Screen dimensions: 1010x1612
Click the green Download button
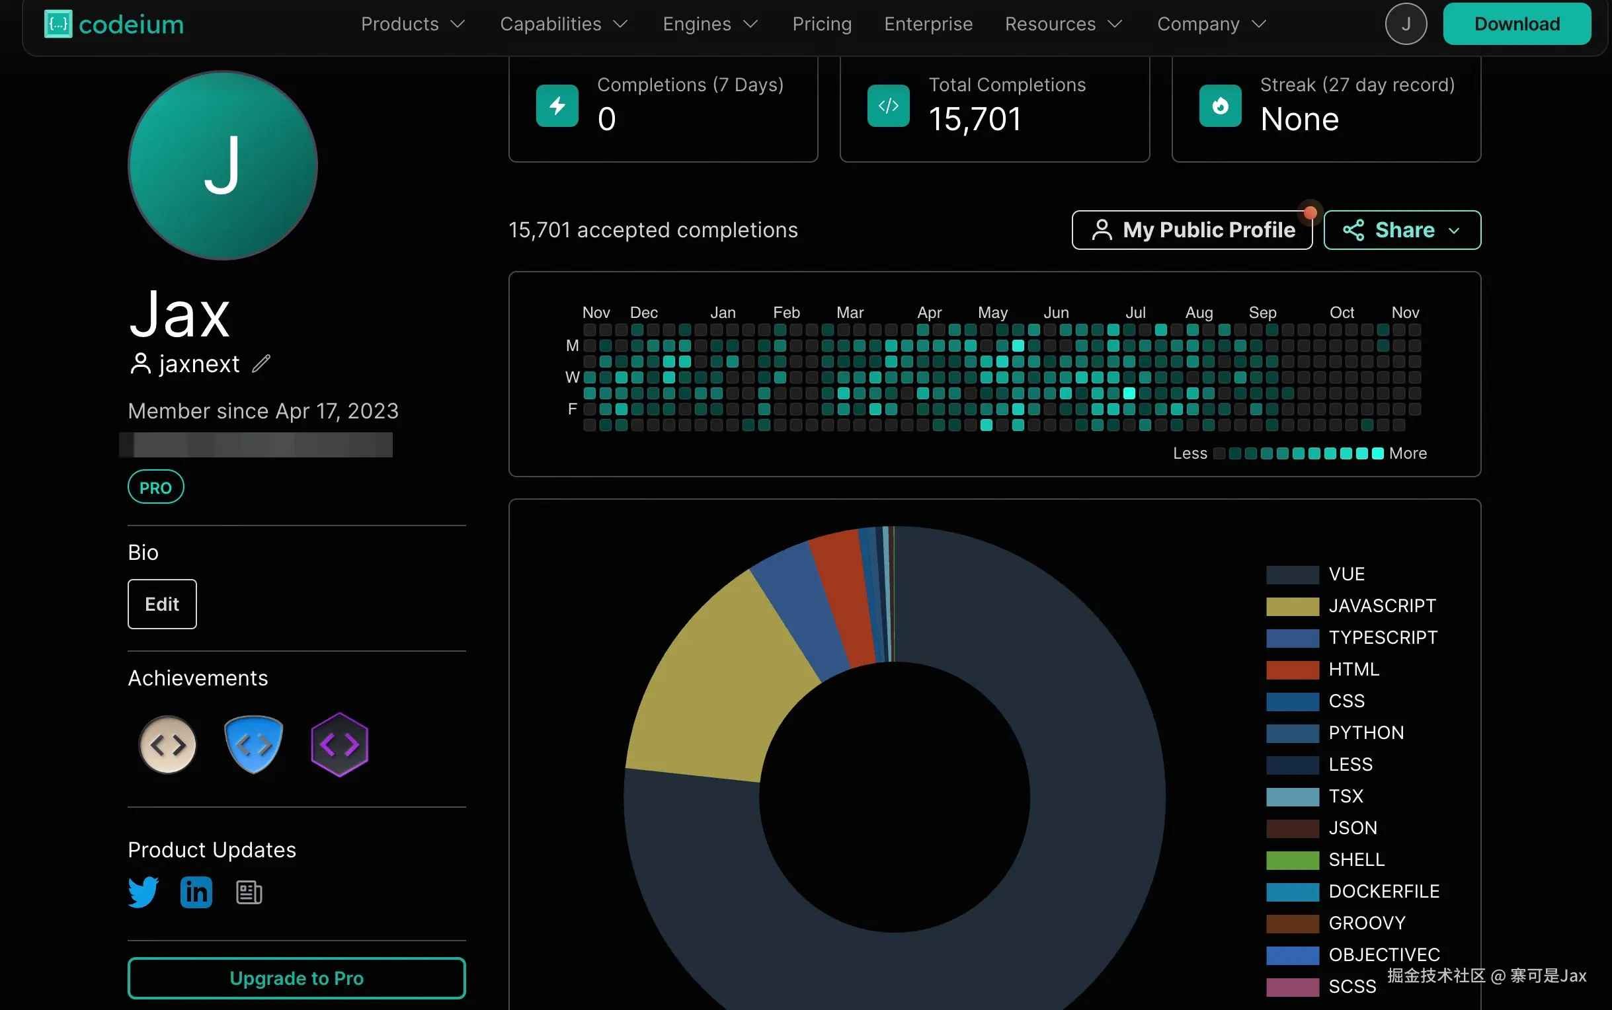tap(1517, 24)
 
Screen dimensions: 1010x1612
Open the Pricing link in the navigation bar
tap(822, 24)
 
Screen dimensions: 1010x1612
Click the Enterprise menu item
tap(928, 24)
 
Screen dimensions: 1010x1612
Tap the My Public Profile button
tap(1191, 230)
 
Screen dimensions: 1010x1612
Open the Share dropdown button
tap(1402, 230)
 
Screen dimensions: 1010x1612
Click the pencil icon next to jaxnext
tap(261, 364)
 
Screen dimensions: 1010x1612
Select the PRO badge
tap(155, 487)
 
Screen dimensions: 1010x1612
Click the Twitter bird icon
tap(143, 892)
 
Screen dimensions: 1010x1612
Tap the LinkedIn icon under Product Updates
tap(196, 892)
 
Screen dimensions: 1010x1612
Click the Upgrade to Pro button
tap(297, 978)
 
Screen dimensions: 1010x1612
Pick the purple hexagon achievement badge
tap(339, 744)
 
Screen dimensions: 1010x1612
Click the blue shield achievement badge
tap(254, 744)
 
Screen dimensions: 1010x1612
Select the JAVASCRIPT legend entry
tap(1381, 606)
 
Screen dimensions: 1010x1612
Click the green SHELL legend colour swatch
tap(1292, 860)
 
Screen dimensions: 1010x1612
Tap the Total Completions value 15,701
tap(975, 120)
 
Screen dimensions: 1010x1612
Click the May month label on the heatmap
tap(992, 313)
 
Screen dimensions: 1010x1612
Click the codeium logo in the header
tap(114, 24)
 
